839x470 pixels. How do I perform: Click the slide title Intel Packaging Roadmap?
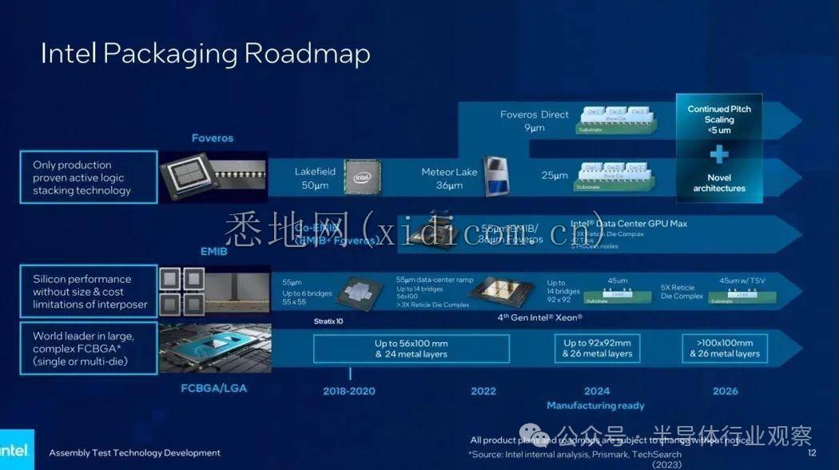(205, 54)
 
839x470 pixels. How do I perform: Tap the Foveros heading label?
(213, 138)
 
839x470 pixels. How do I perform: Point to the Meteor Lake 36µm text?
(449, 178)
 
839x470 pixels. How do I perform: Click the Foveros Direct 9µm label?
(535, 121)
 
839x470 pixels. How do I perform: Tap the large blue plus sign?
(719, 154)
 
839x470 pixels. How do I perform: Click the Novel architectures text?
(719, 183)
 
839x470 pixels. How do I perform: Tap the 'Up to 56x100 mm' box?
(411, 349)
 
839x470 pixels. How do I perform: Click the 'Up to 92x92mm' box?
(597, 349)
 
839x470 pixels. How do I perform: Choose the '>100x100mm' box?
(725, 349)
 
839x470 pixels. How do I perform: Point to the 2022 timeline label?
(483, 391)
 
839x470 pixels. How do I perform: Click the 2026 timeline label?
(725, 391)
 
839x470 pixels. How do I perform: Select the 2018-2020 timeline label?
(349, 391)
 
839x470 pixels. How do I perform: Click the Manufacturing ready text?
(595, 405)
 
